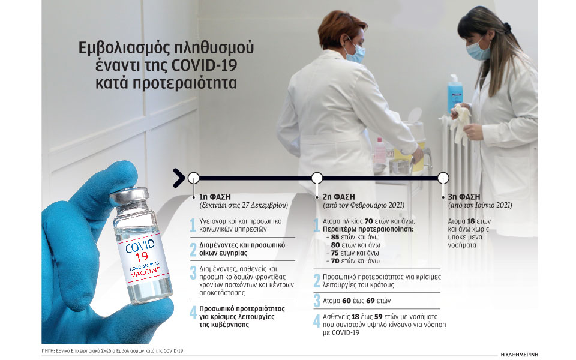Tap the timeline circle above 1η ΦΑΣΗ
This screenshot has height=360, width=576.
(193, 178)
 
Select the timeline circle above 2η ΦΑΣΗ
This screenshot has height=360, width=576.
(317, 178)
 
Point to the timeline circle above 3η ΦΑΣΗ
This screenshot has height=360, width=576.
(443, 178)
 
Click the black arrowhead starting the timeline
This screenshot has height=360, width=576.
(179, 178)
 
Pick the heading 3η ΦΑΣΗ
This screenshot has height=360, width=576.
(464, 197)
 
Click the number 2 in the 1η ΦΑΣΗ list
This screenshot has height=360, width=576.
(193, 250)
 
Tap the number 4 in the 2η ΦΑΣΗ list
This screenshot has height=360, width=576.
(317, 320)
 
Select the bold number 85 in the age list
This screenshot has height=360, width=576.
(335, 238)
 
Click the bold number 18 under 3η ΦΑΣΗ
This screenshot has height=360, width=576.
(471, 221)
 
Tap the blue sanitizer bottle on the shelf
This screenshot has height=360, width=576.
(455, 93)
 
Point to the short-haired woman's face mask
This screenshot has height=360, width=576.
(355, 53)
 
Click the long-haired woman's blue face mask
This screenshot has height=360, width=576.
(478, 50)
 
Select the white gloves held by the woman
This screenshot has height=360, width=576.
(461, 123)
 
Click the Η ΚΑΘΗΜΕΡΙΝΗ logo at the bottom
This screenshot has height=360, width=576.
(519, 355)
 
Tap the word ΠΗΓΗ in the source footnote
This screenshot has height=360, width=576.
(47, 351)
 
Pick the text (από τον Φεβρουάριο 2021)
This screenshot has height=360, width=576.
(364, 205)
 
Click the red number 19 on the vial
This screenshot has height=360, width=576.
(142, 256)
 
